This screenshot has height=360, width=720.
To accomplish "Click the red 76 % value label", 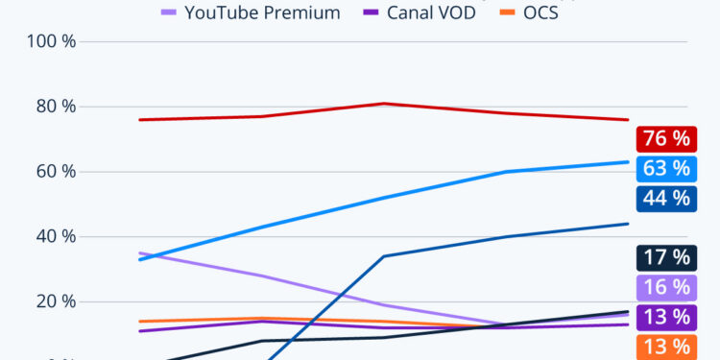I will (663, 137).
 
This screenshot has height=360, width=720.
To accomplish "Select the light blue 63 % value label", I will (663, 168).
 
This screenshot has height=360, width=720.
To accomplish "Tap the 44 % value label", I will (663, 198).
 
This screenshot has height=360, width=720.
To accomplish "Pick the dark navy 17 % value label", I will (663, 257).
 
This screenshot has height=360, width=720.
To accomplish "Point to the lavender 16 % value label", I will (663, 287).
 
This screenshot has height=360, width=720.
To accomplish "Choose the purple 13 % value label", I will (663, 317).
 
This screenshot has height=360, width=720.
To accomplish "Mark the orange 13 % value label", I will (663, 347).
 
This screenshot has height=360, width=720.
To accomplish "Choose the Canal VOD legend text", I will (431, 13).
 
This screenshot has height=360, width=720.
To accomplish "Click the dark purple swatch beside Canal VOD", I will (372, 13).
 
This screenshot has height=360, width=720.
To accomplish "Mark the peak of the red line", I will (383, 104).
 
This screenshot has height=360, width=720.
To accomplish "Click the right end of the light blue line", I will (628, 162).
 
